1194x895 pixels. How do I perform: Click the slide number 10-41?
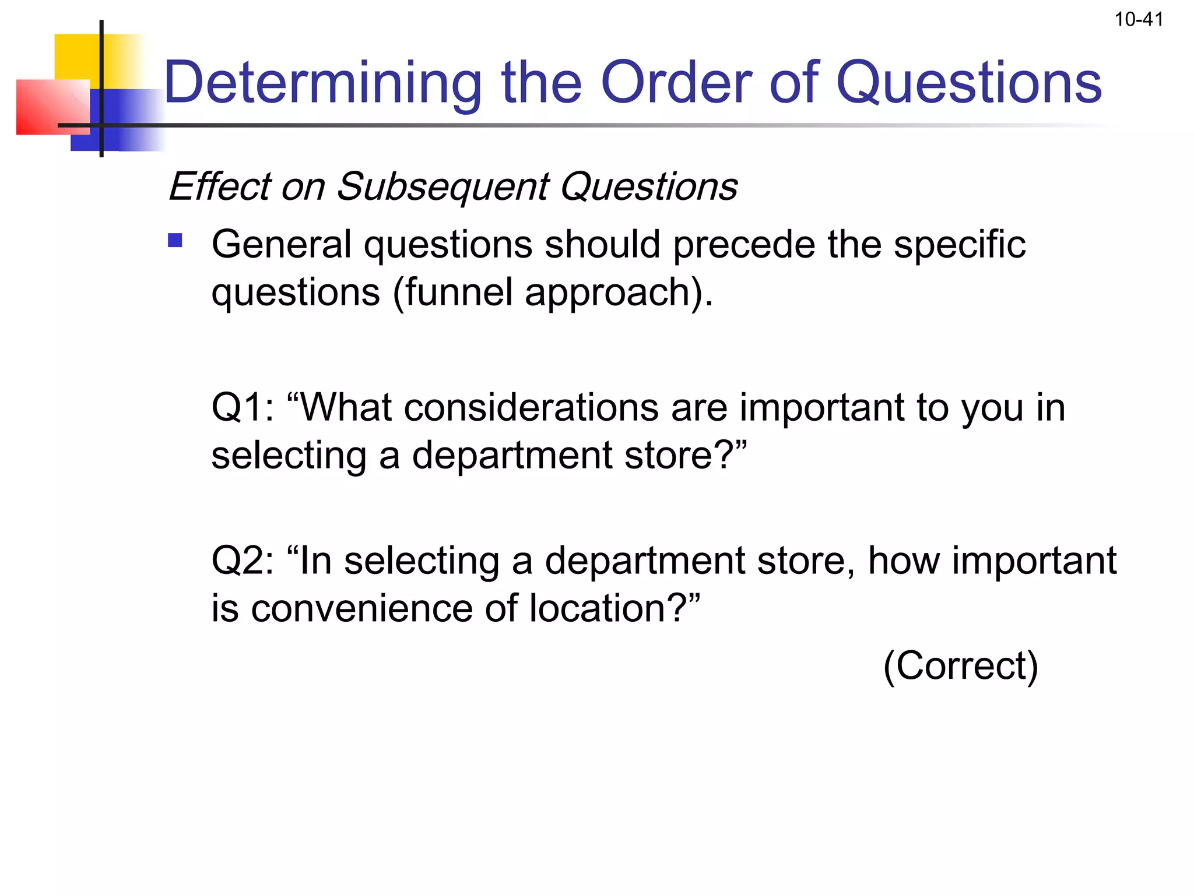point(1139,20)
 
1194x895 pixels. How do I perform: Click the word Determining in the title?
point(322,83)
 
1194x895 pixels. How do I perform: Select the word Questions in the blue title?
point(968,83)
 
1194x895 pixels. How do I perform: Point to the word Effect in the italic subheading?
point(219,186)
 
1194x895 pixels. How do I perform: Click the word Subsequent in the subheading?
point(443,188)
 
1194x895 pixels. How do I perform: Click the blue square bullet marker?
point(175,241)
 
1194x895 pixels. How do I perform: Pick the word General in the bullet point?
point(281,244)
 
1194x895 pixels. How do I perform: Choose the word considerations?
point(531,407)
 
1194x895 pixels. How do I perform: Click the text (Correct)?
point(961,665)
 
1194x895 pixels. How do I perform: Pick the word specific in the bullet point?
point(960,244)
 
